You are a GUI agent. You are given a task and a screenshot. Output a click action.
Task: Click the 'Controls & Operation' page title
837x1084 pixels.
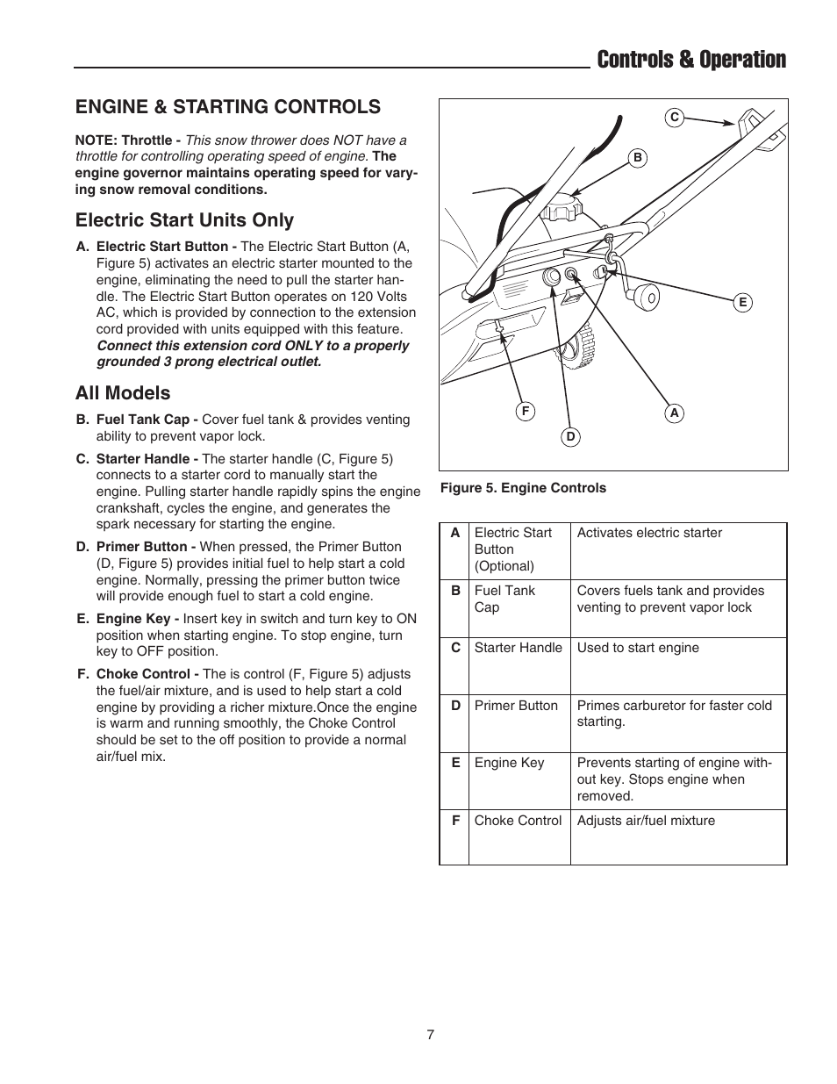point(690,60)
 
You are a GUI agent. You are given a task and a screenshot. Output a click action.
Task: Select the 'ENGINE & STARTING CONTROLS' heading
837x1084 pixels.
point(227,106)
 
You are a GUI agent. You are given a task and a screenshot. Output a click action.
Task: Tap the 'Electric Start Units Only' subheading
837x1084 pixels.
point(184,220)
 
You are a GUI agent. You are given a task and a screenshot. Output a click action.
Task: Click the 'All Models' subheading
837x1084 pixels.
point(123,393)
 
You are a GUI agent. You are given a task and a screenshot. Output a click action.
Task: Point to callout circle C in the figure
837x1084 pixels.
point(674,117)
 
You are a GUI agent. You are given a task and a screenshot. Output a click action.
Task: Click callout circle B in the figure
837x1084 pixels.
point(638,158)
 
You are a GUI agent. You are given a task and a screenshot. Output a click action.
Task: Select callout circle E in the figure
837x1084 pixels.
point(742,303)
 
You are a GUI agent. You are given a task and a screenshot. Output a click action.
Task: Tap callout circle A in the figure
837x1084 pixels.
point(674,413)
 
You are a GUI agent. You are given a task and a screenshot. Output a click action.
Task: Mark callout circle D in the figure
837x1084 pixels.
point(570,436)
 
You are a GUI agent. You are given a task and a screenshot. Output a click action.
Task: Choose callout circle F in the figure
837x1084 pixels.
point(526,411)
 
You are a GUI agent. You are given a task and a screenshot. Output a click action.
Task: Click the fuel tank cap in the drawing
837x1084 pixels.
point(562,209)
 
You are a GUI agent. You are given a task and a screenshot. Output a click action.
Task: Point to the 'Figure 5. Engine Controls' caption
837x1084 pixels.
point(522,488)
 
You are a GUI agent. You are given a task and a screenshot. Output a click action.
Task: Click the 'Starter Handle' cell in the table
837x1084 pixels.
point(518,648)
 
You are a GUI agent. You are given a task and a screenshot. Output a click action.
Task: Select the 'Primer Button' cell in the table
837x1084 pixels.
point(516,706)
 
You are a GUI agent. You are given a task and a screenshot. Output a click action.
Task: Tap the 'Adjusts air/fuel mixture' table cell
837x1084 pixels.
point(646,821)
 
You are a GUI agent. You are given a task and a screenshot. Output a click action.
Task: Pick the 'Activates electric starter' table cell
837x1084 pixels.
point(649,533)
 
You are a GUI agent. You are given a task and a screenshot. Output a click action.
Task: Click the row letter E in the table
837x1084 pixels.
point(455,763)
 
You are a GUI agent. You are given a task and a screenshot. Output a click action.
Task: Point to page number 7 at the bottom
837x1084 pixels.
point(430,1035)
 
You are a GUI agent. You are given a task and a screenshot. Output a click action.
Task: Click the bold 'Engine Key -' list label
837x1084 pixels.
point(132,619)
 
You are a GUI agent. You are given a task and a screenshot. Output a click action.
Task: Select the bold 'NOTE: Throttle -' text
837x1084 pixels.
point(128,140)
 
